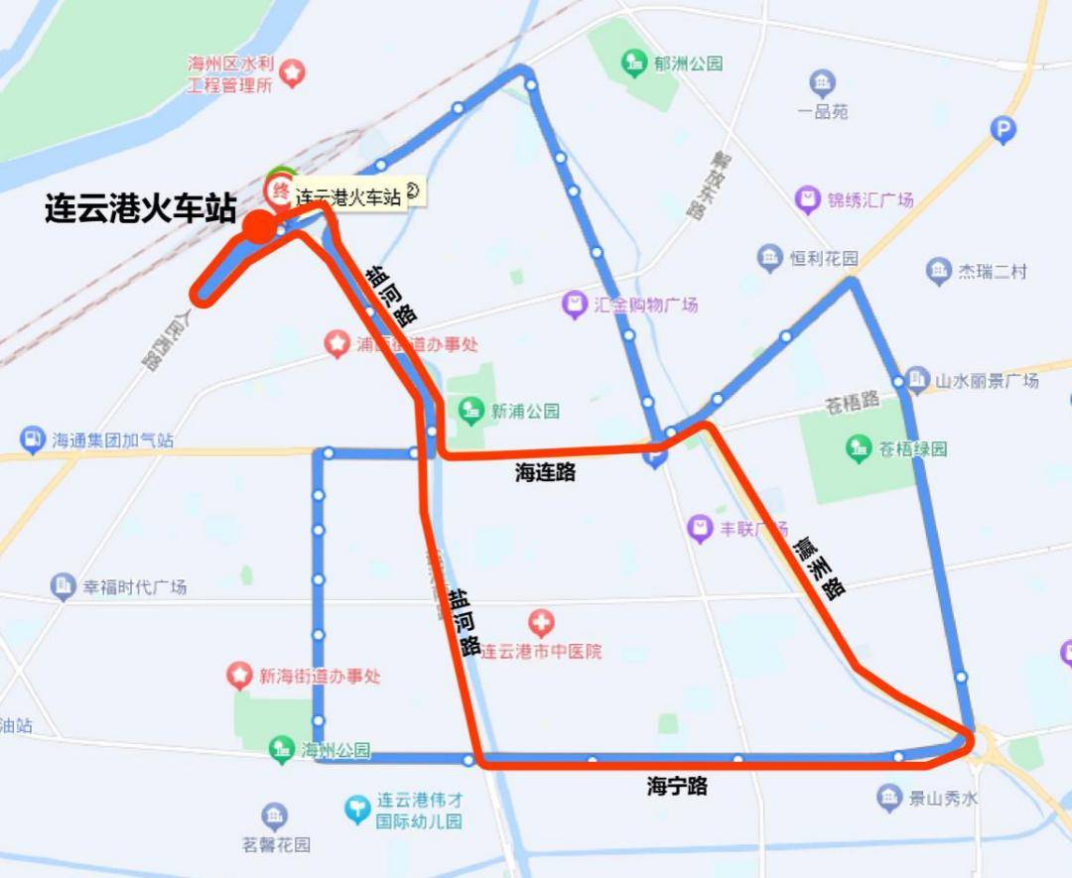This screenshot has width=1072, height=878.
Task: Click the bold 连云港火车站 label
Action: pos(140,209)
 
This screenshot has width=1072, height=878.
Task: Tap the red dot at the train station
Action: pos(260,226)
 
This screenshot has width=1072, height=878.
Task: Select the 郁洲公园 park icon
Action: pos(634,63)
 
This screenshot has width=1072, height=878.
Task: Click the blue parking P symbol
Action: pos(1004,129)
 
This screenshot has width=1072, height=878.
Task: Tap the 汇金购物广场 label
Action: pos(645,305)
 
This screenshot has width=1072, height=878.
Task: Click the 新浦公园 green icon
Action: pos(470,410)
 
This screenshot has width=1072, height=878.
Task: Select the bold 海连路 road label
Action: pos(545,473)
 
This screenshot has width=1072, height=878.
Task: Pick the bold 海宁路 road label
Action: pos(677,787)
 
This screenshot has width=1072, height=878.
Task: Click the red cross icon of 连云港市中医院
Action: pos(541,624)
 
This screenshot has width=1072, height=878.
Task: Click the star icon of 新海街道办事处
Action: pos(239,676)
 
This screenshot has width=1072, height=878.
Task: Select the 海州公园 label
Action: pos(335,750)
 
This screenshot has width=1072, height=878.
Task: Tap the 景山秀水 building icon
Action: pos(888,796)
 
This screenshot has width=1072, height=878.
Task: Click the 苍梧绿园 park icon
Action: pos(859,448)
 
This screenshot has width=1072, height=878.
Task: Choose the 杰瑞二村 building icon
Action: pos(939,270)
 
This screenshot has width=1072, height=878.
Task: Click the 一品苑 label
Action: pos(823,111)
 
